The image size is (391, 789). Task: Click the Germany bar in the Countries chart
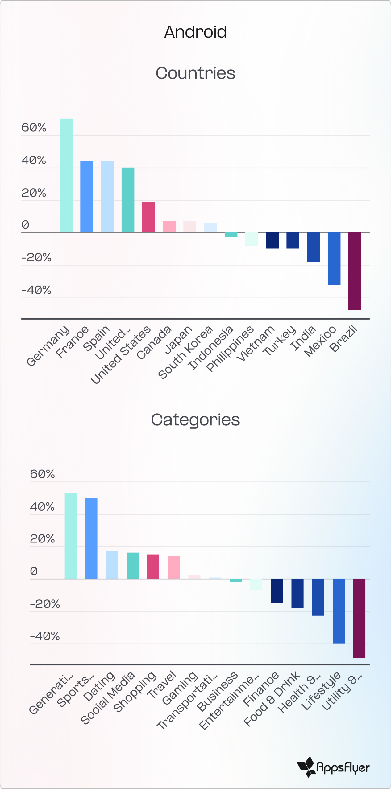coord(66,175)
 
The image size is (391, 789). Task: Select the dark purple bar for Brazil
coord(355,271)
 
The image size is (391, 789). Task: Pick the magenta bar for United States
coord(148,217)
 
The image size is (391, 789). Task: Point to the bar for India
coord(313,247)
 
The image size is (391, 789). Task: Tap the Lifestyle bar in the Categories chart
coord(339,611)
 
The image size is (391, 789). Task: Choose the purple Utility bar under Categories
coord(359,618)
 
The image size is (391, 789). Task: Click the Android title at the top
coord(195,32)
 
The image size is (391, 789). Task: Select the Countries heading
coord(195,73)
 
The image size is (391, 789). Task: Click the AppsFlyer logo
coord(333,767)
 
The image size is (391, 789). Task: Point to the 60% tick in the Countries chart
coord(34,127)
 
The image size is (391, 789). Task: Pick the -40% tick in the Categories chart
coord(45,636)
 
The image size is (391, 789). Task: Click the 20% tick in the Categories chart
coord(42,539)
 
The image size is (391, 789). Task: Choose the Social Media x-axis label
coord(107,698)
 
